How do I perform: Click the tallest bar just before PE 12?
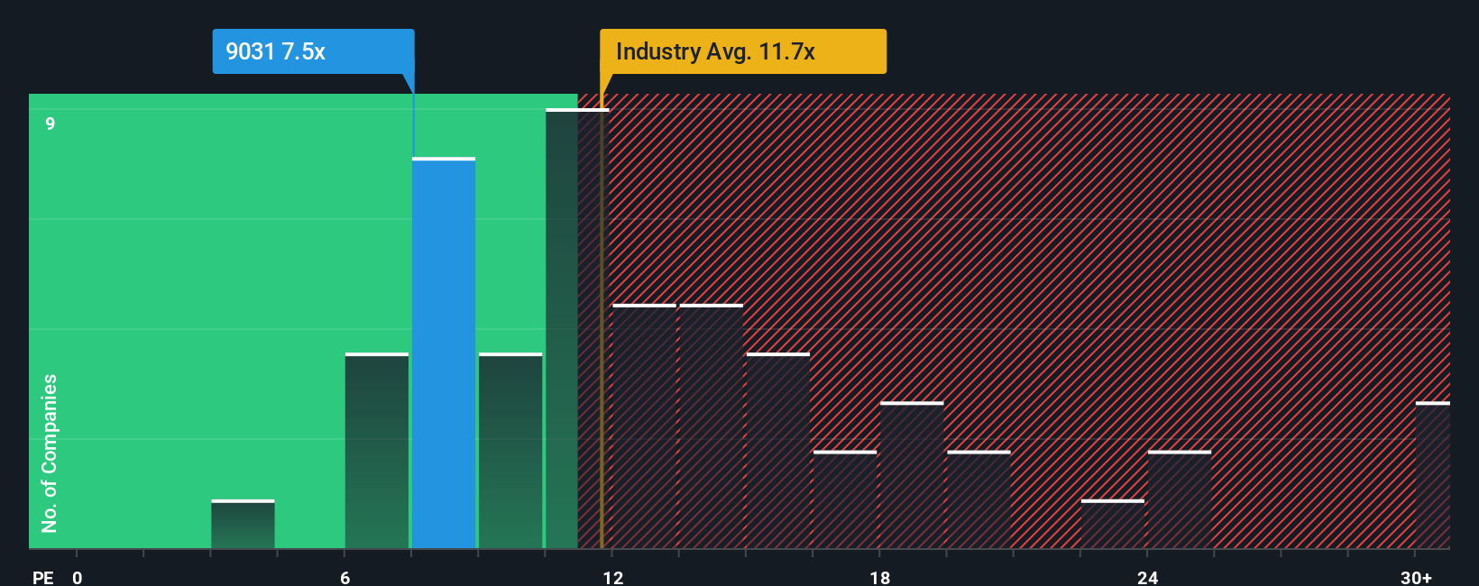point(562,329)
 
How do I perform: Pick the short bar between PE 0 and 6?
point(243,525)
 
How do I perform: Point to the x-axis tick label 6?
point(344,577)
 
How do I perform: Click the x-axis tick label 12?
point(612,577)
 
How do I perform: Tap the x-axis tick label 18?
point(879,577)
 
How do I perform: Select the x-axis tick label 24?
point(1147,577)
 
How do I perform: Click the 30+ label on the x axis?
point(1416,577)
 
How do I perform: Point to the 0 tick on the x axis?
point(78,577)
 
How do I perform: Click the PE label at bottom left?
point(42,577)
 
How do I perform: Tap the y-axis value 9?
point(51,124)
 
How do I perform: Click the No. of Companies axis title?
point(50,453)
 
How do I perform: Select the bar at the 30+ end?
point(1432,475)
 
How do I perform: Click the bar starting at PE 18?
point(912,475)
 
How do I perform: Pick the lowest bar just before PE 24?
point(1112,525)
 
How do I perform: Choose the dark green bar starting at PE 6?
point(376,451)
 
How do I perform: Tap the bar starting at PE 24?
point(1179,500)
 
